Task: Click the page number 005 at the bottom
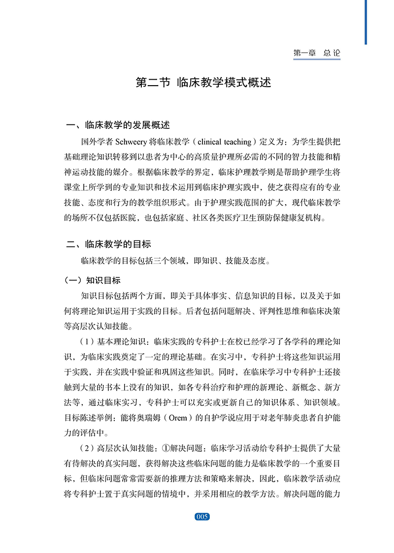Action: click(202, 517)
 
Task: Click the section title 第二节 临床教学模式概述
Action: click(203, 82)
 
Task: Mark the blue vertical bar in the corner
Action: click(366, 22)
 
